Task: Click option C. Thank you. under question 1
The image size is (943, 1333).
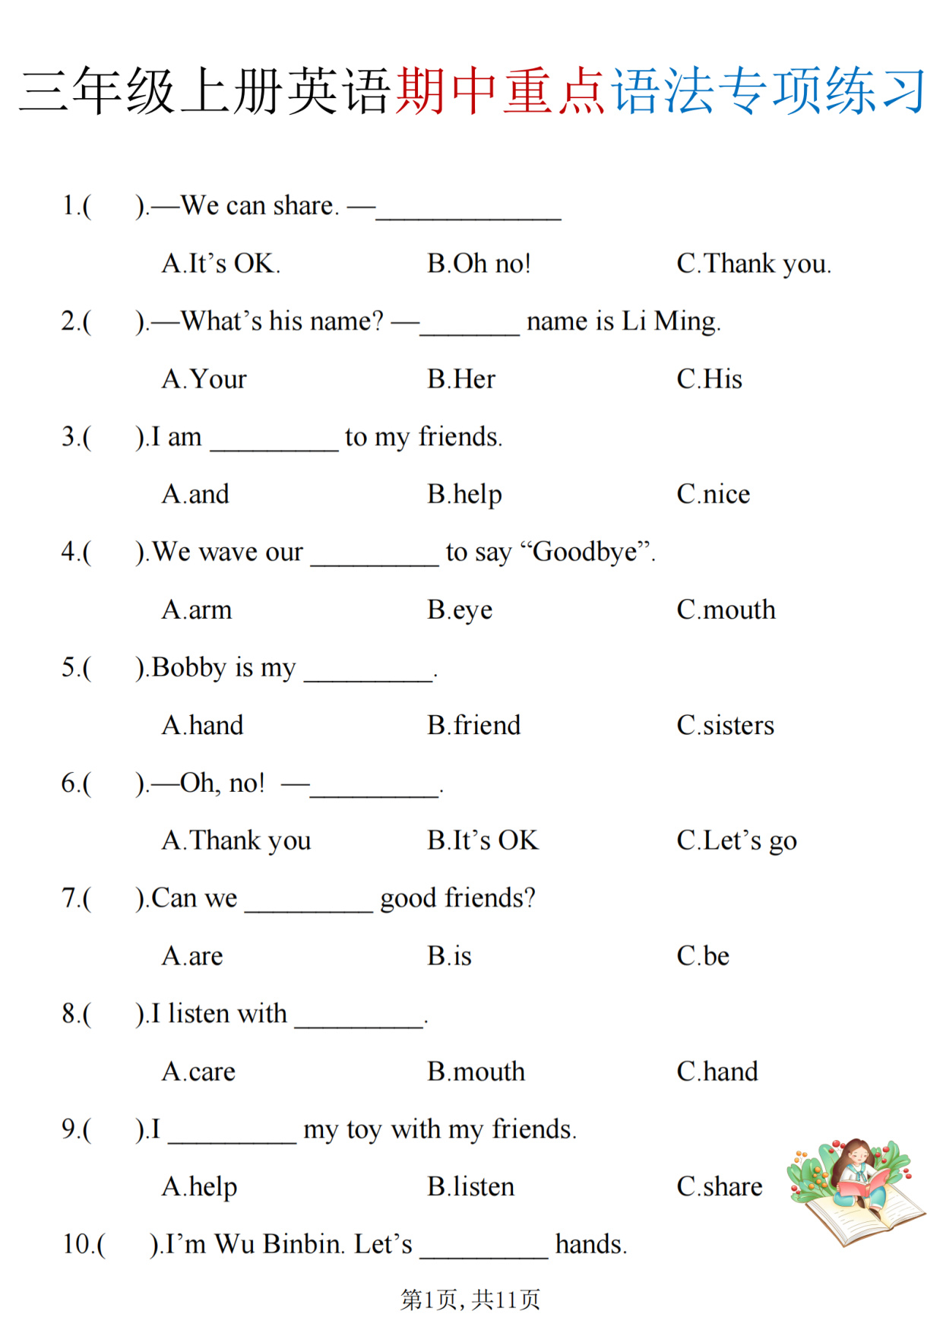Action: tap(754, 264)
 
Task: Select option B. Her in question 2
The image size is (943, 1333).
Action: tap(460, 379)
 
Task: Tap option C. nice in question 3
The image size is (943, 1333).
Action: tap(713, 495)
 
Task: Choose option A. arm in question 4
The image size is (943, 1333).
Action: tap(197, 610)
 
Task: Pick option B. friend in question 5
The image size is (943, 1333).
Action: tap(473, 726)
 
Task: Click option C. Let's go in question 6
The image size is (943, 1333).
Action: tap(736, 841)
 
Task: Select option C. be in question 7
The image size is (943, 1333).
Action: tap(703, 956)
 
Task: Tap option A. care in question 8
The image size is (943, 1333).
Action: tap(198, 1072)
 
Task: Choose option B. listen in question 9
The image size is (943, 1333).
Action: tap(470, 1187)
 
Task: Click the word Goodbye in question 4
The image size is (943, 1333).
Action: tap(585, 553)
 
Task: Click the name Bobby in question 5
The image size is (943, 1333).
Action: tap(189, 667)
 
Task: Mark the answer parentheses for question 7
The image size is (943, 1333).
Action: tap(113, 899)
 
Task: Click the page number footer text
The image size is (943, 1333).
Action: tap(470, 1300)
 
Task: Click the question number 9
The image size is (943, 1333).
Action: tap(69, 1130)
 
